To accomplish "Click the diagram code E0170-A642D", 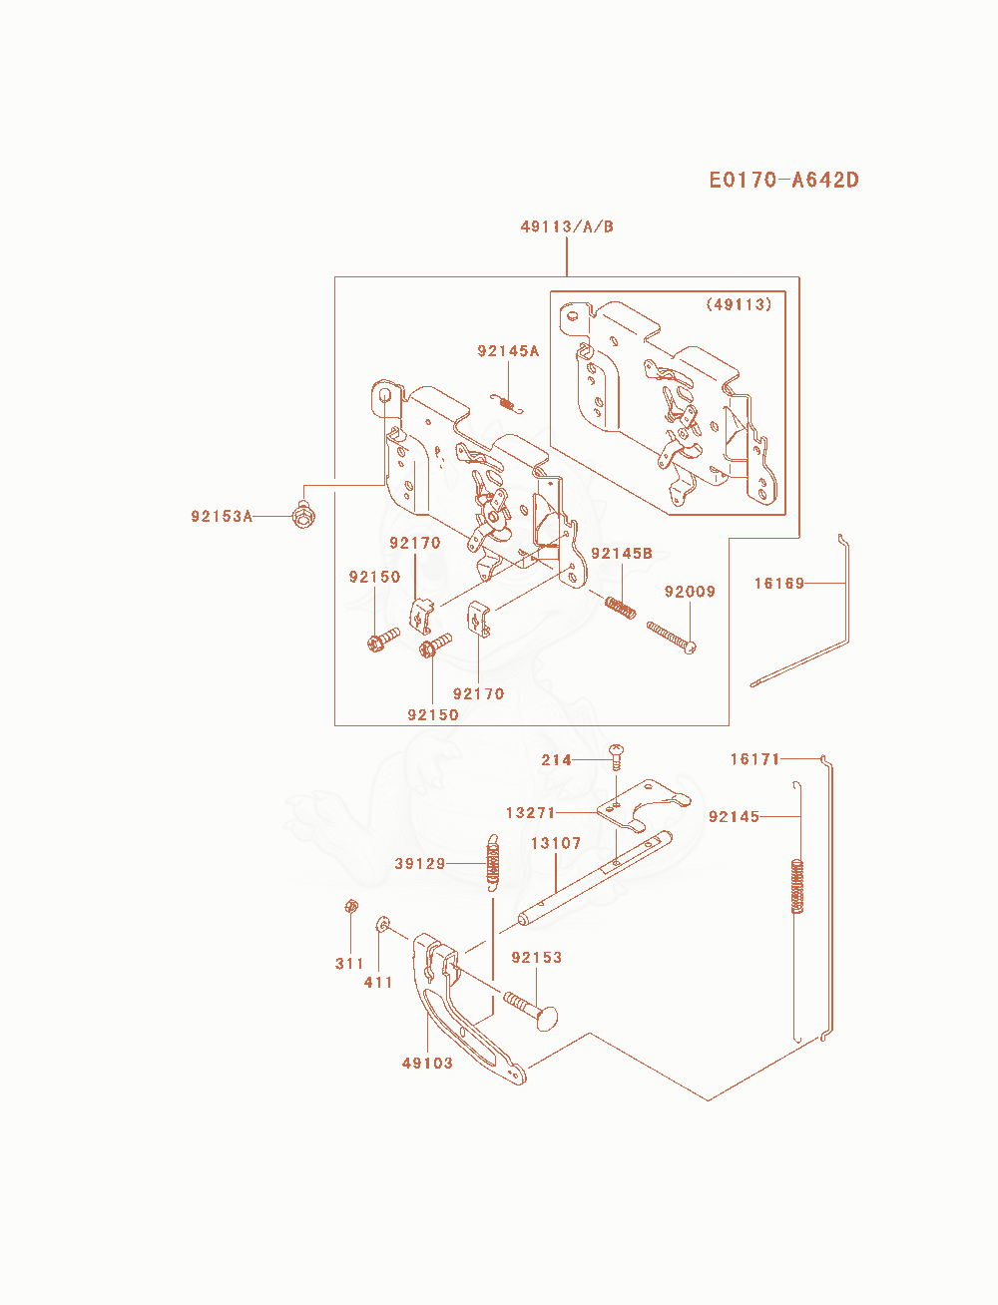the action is (x=783, y=180).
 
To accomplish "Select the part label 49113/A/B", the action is (x=567, y=226).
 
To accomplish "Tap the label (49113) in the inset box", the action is (x=739, y=304).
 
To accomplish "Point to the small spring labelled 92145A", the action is (x=507, y=403).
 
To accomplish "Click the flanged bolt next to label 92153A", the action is (x=304, y=515).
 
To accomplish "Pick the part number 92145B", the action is (x=622, y=554).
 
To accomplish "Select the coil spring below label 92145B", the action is (x=621, y=608).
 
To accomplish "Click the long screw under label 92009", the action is (x=672, y=638).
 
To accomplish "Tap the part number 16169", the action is (x=779, y=584).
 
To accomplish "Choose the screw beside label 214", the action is (x=616, y=756).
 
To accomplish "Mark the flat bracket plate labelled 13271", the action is (x=644, y=804).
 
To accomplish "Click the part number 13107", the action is (x=556, y=843).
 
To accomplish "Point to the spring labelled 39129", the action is (x=492, y=863).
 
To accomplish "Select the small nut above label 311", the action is (x=351, y=907).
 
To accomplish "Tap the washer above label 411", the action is (x=382, y=924).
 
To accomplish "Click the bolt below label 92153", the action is (x=531, y=1010).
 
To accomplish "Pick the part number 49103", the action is (x=427, y=1063).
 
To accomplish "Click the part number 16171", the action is (x=754, y=759).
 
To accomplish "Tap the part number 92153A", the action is (x=222, y=516).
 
